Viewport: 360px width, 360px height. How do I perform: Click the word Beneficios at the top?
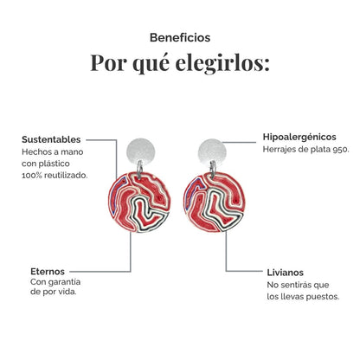[x=180, y=37]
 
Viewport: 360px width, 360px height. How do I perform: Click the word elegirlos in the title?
[x=222, y=63]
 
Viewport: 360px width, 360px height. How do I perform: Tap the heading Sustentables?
[x=51, y=139]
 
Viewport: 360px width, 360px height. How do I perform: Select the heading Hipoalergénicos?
[x=299, y=137]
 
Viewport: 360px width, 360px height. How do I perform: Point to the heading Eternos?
[x=48, y=272]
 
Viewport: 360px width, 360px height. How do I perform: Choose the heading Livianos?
[x=286, y=273]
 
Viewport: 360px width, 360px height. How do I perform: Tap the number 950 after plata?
[x=340, y=150]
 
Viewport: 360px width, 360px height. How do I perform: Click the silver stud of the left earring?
[x=141, y=152]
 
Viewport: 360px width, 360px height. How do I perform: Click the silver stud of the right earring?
[x=212, y=152]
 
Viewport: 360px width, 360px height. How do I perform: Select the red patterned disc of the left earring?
[x=139, y=202]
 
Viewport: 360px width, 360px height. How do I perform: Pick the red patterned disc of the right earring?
[x=215, y=202]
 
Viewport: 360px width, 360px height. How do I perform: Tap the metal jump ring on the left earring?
[x=139, y=167]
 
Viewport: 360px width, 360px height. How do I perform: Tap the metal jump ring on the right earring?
[x=213, y=167]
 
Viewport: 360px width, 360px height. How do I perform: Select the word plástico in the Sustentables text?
[x=55, y=164]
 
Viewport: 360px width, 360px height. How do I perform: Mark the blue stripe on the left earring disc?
[x=117, y=193]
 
